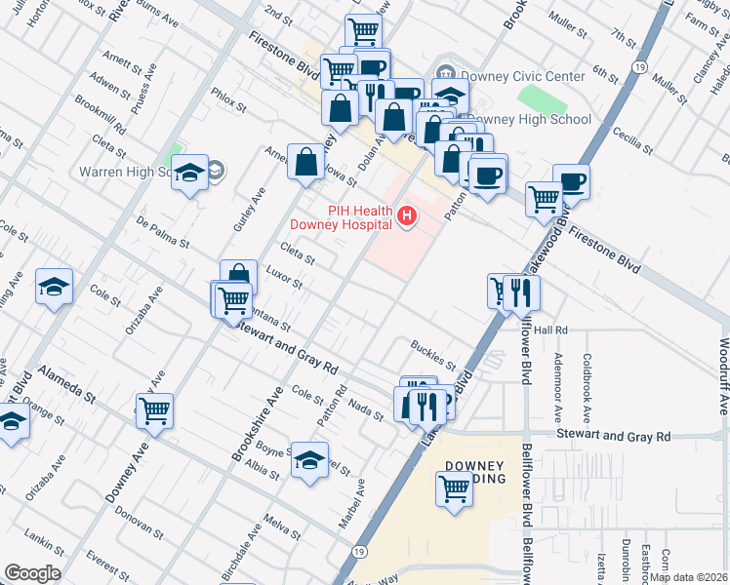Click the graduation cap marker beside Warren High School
[190, 173]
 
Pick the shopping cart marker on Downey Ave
[154, 410]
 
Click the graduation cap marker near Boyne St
[310, 461]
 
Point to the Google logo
[31, 573]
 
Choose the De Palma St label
[162, 233]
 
